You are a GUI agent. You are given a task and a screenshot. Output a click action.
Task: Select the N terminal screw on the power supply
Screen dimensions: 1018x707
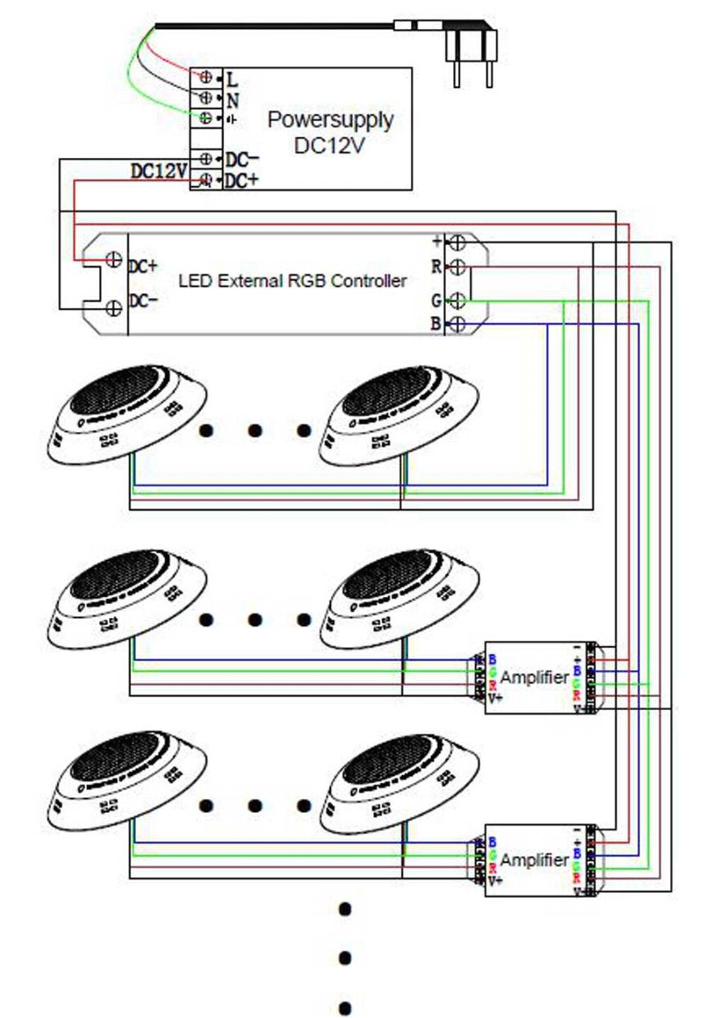tap(206, 98)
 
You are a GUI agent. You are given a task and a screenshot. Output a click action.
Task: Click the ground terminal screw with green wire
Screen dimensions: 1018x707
tap(206, 118)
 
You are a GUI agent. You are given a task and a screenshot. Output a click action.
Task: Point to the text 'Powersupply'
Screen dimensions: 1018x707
tap(330, 120)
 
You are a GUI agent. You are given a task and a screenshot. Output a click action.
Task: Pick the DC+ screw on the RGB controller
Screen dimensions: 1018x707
tap(113, 260)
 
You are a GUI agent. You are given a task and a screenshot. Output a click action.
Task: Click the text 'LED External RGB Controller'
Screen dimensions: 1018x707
tap(293, 280)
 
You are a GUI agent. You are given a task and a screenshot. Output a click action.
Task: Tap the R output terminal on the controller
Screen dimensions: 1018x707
tap(457, 267)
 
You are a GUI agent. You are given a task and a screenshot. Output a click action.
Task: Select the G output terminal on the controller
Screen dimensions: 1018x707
tap(457, 299)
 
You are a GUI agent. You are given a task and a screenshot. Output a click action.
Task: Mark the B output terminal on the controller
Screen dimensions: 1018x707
tap(457, 324)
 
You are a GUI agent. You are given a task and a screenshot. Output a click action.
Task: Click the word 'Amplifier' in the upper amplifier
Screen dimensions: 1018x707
tap(534, 678)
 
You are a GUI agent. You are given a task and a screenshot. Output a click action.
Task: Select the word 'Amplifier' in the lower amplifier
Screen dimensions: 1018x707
tap(534, 861)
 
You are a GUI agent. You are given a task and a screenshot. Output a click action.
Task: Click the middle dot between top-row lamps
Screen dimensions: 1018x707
tap(255, 430)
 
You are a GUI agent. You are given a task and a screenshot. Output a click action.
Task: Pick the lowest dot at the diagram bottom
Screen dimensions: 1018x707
tap(344, 1008)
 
